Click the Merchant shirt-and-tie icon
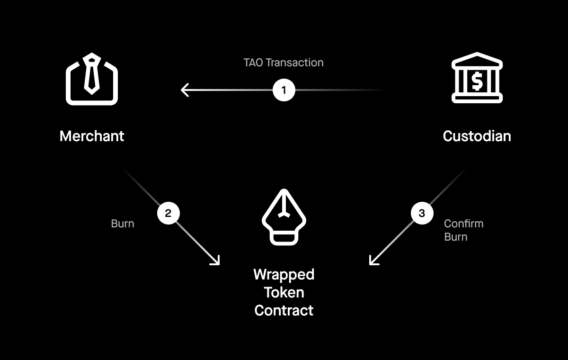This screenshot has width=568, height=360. tap(92, 79)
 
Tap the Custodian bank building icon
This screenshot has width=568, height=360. tap(477, 78)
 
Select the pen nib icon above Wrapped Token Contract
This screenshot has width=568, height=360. tap(284, 217)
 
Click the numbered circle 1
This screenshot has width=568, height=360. tap(284, 90)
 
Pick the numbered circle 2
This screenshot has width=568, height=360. tap(168, 213)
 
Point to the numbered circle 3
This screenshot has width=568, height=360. tap(422, 213)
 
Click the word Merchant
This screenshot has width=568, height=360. tap(92, 136)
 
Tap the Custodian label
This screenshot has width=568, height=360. tap(477, 136)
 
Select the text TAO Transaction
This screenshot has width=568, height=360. tap(284, 63)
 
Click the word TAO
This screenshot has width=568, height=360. tap(253, 63)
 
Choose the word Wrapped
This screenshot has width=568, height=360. tap(284, 275)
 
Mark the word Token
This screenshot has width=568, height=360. tap(284, 292)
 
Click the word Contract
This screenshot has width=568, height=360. tap(284, 310)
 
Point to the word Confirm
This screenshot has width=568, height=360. tap(463, 224)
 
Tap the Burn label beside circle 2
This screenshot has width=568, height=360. tap(123, 224)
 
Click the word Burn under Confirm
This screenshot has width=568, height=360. tap(456, 237)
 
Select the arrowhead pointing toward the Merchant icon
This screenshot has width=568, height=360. tap(185, 90)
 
